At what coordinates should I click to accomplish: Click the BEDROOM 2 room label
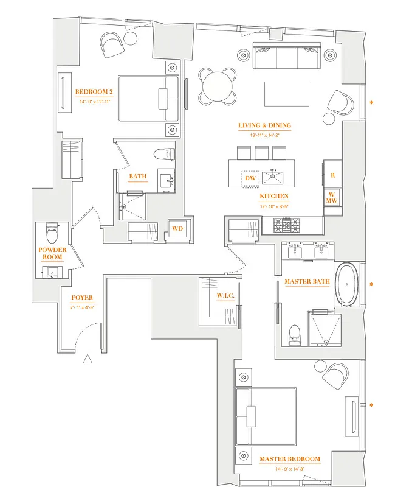click(x=94, y=92)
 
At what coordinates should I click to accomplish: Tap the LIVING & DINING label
click(x=264, y=125)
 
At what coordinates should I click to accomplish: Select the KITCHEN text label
click(x=273, y=196)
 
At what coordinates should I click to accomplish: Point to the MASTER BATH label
click(x=306, y=282)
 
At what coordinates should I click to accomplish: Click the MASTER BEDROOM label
click(x=289, y=458)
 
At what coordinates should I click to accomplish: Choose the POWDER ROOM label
click(x=52, y=253)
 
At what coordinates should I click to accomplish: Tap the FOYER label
click(x=82, y=298)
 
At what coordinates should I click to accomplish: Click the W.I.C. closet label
click(x=225, y=296)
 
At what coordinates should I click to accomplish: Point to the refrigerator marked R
click(x=332, y=175)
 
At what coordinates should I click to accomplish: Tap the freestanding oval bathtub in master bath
click(x=348, y=284)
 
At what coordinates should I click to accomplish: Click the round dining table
click(x=218, y=86)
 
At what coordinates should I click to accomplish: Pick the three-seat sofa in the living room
click(x=286, y=58)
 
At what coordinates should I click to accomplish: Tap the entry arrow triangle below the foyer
click(x=88, y=359)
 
